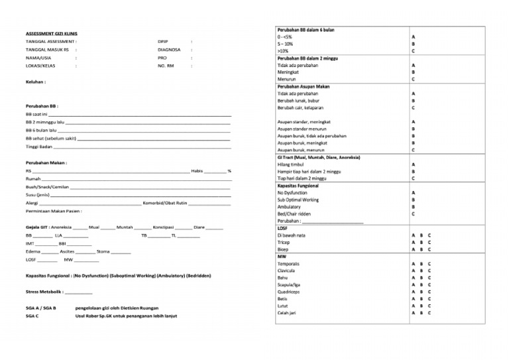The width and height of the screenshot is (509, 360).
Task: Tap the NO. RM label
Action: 166,66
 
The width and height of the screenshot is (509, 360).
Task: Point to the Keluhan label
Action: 36,83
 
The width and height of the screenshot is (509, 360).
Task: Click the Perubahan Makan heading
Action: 46,162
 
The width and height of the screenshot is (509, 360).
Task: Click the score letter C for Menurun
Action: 414,80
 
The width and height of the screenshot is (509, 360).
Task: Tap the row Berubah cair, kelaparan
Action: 300,107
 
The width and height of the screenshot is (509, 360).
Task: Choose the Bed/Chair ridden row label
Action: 294,214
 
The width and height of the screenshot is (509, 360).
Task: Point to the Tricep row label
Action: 284,242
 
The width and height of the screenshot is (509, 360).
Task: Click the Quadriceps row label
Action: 289,291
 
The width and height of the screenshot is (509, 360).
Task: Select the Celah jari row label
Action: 288,312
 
